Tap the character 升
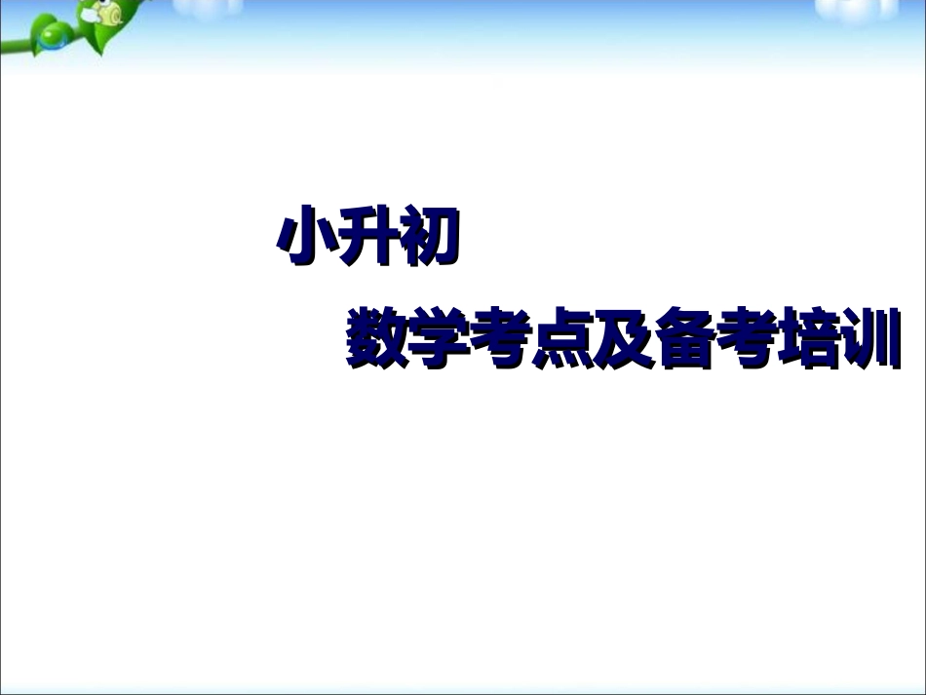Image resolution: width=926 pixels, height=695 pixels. [x=367, y=236]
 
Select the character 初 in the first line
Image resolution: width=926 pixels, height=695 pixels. [x=429, y=236]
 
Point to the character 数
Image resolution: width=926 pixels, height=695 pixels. [x=375, y=338]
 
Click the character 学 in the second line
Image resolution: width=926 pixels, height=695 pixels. [x=438, y=338]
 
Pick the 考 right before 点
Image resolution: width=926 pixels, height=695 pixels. [x=500, y=338]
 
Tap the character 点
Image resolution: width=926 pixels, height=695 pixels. [x=561, y=338]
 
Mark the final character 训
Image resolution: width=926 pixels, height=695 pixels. [x=870, y=338]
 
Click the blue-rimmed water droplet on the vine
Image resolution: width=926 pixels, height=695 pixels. [x=49, y=38]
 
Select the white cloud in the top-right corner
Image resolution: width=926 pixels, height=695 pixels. [x=857, y=8]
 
